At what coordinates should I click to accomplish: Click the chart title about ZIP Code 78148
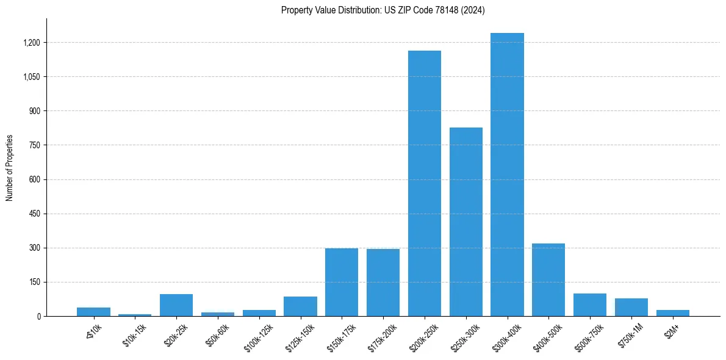(x=383, y=10)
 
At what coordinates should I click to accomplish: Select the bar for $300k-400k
(x=507, y=175)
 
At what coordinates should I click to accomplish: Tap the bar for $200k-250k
(x=425, y=183)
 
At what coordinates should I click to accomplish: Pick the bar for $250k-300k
(x=466, y=221)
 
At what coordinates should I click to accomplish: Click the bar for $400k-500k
(x=548, y=279)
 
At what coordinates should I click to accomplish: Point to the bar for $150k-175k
(x=342, y=282)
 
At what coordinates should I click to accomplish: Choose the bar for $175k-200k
(x=383, y=283)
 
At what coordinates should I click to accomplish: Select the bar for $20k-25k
(x=176, y=305)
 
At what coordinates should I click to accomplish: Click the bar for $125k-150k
(x=300, y=306)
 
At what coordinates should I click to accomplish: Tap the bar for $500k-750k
(x=590, y=305)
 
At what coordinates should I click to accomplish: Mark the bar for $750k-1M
(x=631, y=307)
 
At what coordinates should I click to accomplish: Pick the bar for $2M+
(x=673, y=313)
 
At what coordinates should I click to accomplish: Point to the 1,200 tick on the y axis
(x=32, y=43)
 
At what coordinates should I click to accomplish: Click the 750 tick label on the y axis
(x=35, y=145)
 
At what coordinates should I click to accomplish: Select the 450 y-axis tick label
(x=35, y=214)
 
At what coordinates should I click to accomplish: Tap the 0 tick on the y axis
(x=38, y=317)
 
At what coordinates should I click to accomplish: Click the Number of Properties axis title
(x=10, y=168)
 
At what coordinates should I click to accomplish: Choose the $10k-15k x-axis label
(x=134, y=335)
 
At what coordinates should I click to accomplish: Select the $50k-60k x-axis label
(x=217, y=335)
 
